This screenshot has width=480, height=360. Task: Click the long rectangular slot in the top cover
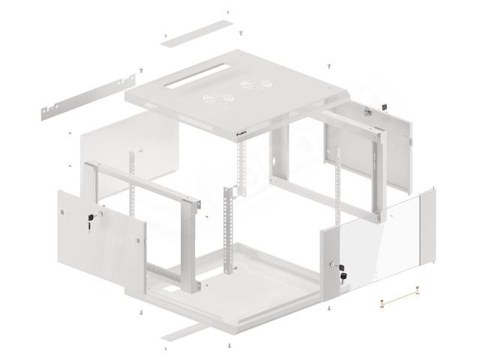[x=193, y=76]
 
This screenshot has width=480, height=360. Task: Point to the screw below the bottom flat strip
[x=227, y=346]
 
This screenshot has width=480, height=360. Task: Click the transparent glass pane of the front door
[x=382, y=236]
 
